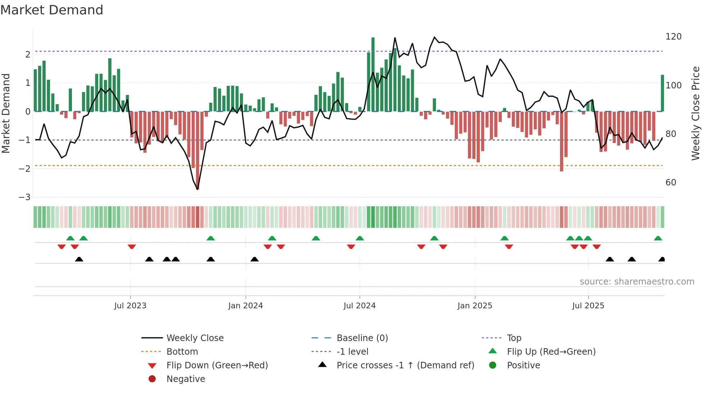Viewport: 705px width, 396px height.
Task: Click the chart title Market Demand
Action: pos(52,10)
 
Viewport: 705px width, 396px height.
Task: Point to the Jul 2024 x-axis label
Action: pos(359,306)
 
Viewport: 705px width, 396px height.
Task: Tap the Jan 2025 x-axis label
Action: pos(474,306)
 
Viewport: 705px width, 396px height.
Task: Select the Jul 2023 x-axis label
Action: pos(130,306)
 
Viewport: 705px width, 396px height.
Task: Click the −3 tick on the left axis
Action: pos(25,197)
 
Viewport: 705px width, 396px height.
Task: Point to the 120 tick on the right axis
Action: pos(673,37)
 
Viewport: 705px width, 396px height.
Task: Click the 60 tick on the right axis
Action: pos(670,183)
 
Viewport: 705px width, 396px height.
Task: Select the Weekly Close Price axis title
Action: pos(696,113)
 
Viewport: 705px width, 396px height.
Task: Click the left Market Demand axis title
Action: pos(6,113)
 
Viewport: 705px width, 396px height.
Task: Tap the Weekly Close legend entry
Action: pos(195,338)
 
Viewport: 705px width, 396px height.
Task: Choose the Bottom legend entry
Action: pos(182,352)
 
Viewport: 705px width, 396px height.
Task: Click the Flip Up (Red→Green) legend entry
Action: pos(551,352)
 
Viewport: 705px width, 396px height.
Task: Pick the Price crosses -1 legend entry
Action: pos(405,365)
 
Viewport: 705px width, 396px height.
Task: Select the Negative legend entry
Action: pos(186,379)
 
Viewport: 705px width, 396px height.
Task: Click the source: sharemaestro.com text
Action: pos(637,282)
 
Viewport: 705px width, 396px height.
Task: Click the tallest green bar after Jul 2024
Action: pos(373,74)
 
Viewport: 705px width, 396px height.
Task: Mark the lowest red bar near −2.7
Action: pos(198,151)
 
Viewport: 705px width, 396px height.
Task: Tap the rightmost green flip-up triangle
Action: pos(658,238)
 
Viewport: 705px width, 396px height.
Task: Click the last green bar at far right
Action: pos(662,93)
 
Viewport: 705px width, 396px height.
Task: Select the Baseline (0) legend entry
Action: pos(362,338)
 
